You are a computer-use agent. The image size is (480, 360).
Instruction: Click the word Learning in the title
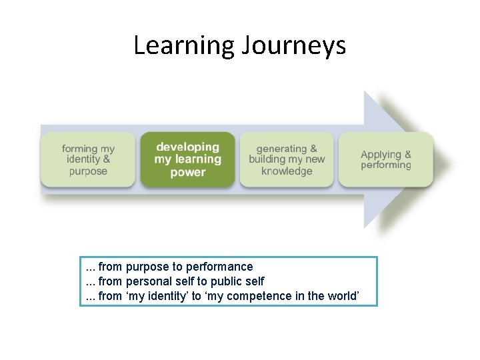[x=182, y=46]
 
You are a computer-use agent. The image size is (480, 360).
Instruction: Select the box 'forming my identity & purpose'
[x=87, y=160]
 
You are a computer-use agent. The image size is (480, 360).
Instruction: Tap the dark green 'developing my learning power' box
[x=187, y=160]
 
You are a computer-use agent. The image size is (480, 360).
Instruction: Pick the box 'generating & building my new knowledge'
[x=287, y=160]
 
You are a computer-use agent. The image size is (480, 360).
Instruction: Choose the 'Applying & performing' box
[x=386, y=160]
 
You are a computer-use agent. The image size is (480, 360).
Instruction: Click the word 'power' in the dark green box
[x=187, y=173]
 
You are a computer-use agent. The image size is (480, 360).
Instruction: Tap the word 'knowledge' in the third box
[x=287, y=172]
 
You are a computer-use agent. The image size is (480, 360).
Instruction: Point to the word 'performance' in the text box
[x=221, y=267]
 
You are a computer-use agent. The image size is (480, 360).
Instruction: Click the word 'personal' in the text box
[x=147, y=281]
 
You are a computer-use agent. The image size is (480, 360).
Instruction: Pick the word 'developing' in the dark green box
[x=187, y=147]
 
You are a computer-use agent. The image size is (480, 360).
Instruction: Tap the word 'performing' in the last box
[x=386, y=165]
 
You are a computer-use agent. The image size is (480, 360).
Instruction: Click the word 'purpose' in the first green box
[x=87, y=172]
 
